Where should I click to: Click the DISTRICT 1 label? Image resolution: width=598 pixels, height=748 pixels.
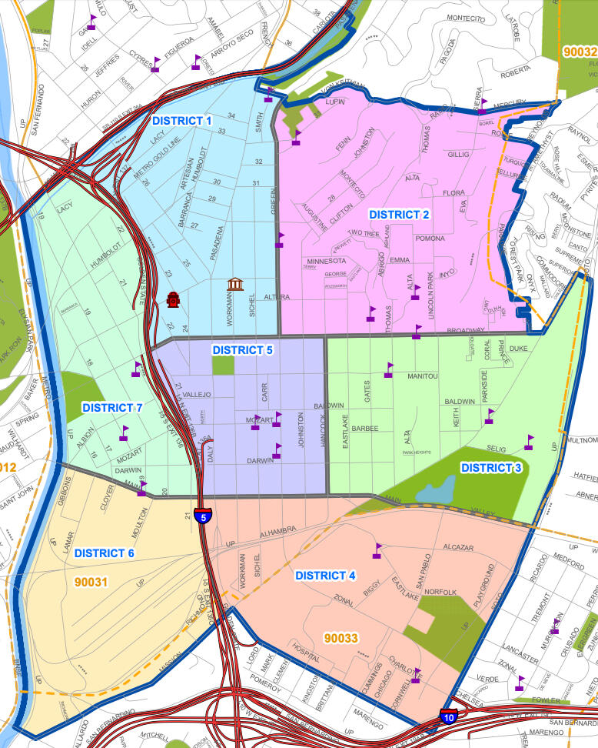point(181,121)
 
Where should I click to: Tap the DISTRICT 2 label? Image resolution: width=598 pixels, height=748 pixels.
point(398,215)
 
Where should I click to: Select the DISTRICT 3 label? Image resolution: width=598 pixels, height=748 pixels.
point(490,467)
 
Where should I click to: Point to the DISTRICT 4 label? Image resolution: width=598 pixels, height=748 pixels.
point(325,575)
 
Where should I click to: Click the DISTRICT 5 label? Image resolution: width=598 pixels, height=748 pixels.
point(242,350)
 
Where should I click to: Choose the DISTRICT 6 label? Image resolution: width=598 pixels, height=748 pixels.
point(105,553)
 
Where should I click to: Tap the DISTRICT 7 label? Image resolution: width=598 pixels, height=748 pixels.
point(112,407)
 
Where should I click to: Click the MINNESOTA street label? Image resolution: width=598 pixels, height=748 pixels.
point(326,261)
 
